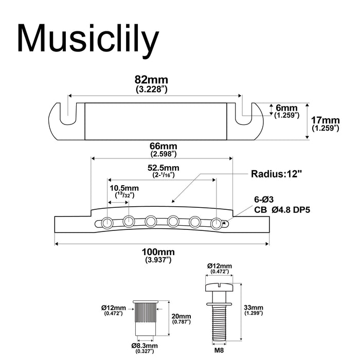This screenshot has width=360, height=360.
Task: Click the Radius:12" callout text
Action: [276, 173]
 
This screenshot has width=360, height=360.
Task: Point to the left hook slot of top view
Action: [65, 109]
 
